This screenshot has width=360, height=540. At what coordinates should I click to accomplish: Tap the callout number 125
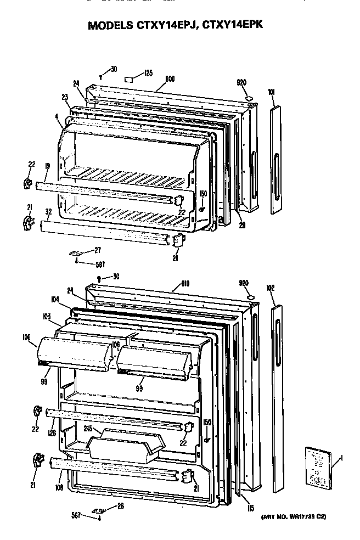pos(148,72)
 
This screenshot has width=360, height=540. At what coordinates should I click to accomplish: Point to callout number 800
pos(170,79)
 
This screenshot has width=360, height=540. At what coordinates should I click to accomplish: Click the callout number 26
pos(120,506)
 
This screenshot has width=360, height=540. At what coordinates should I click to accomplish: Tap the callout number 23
pos(64,97)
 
